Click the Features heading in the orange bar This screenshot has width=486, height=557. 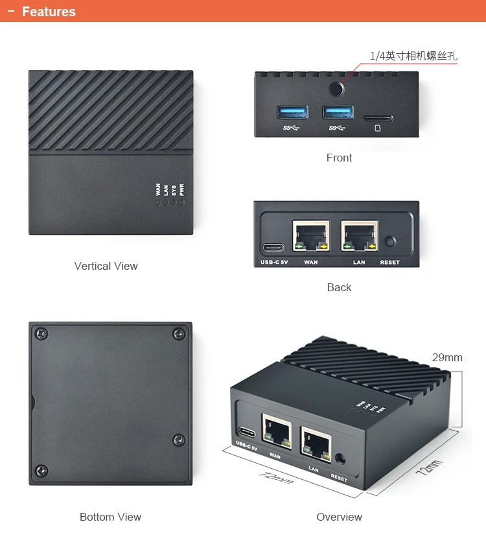point(49,12)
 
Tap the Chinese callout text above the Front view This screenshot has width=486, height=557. point(413,56)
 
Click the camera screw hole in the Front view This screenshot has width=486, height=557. point(337,89)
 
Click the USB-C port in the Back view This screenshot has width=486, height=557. point(273,248)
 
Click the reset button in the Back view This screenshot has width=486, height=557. point(389,243)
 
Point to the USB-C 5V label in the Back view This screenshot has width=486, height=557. point(273,263)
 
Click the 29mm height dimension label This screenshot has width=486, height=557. point(447,357)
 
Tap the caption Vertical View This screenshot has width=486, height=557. point(106,266)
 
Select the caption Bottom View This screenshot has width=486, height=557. point(110,517)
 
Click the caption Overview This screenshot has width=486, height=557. point(339,517)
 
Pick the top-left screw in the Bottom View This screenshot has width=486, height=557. point(42,334)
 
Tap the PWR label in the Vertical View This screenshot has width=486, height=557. point(181,190)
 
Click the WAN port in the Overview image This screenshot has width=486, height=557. point(276,430)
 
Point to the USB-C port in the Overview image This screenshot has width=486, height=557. point(246,433)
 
